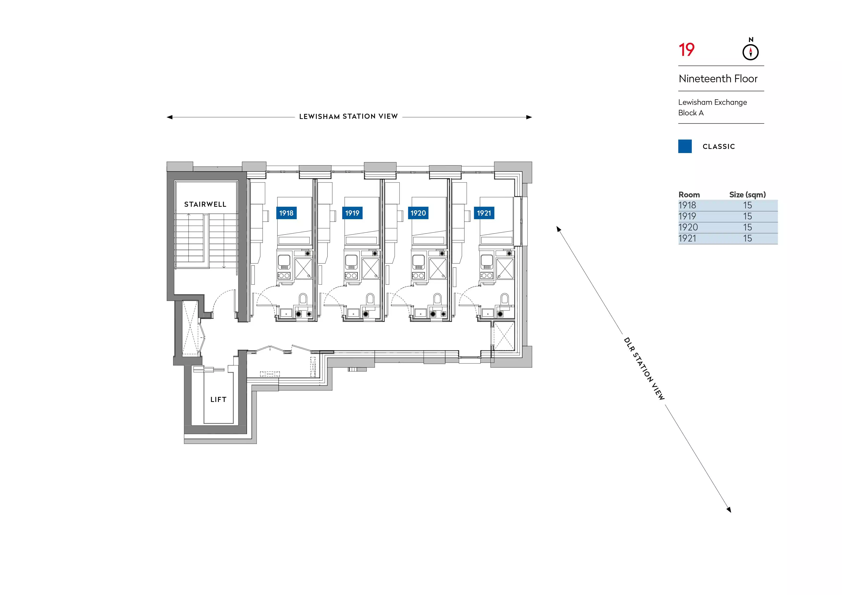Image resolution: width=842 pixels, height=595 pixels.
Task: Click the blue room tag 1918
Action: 286,213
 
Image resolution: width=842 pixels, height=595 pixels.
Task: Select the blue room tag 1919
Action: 352,213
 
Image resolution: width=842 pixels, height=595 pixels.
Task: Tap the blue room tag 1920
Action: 418,213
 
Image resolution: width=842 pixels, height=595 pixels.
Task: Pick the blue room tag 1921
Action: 484,213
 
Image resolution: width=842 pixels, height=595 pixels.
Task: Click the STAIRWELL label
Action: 205,204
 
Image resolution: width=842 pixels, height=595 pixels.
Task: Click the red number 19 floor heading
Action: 686,50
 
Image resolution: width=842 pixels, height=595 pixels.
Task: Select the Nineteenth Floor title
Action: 718,79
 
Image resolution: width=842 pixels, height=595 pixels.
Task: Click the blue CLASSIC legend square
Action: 685,146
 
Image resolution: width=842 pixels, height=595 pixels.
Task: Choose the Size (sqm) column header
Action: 747,194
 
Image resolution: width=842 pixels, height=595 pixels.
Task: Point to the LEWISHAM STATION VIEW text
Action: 348,117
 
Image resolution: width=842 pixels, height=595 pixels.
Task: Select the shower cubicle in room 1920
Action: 438,269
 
